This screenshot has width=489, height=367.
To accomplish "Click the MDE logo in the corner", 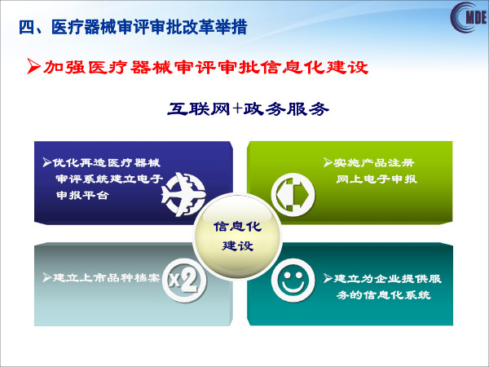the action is (469, 17).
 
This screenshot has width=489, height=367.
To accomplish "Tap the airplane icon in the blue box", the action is (183, 194).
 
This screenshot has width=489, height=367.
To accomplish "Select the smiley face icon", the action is (293, 280).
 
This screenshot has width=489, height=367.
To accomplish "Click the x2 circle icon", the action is (184, 280).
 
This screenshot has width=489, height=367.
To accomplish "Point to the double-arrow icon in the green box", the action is (293, 195).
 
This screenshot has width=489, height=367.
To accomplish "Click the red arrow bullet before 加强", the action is (33, 66).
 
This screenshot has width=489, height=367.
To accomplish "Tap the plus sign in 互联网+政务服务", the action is (237, 108).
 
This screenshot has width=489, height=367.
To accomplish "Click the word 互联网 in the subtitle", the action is (199, 108).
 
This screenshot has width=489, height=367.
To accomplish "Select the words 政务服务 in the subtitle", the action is (286, 108).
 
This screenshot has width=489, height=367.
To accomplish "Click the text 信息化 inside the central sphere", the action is (237, 227).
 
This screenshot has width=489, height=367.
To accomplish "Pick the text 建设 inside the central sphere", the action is (237, 245).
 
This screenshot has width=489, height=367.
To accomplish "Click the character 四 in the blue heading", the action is (26, 28).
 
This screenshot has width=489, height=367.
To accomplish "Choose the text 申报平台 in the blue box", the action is (82, 195).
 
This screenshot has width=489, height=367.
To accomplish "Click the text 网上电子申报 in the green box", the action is (377, 179).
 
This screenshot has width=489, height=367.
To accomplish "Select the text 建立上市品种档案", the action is (106, 277).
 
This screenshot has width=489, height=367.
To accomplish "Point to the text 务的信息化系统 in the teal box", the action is (384, 294).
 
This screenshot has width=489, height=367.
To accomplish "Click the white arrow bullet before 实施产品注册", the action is (328, 162).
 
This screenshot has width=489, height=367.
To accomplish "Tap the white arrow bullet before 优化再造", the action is (46, 162).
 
